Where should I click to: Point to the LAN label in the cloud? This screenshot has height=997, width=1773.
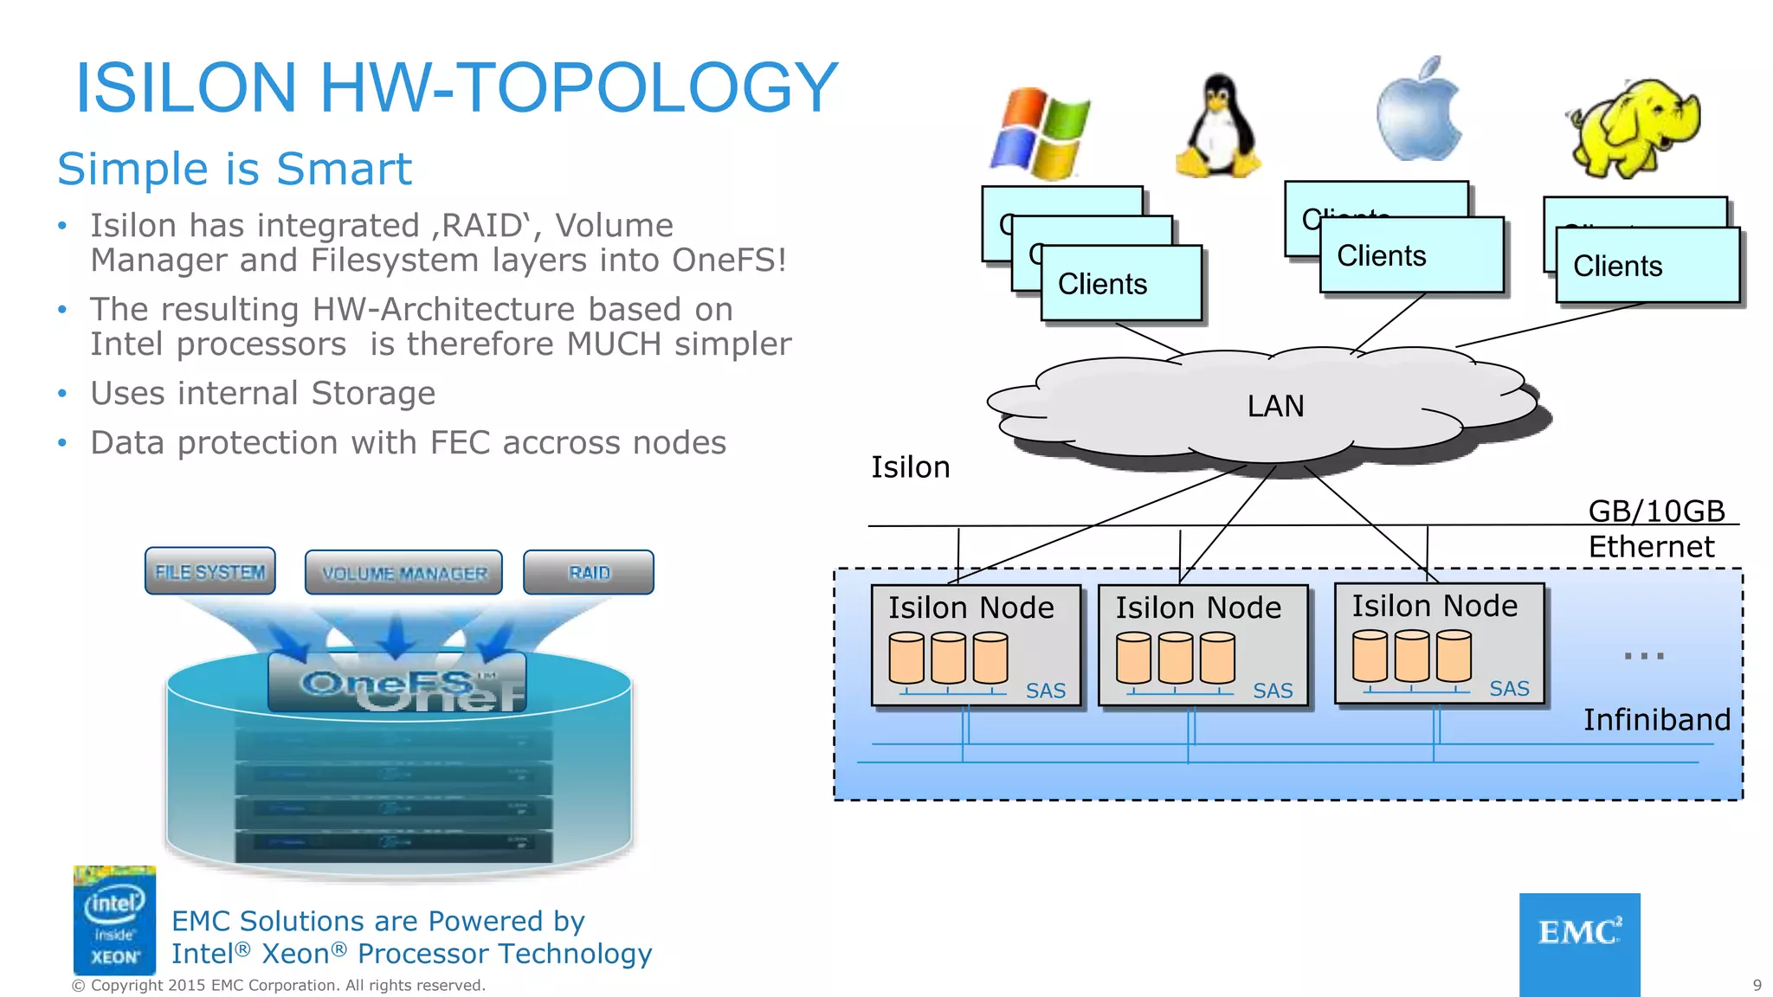point(1275,406)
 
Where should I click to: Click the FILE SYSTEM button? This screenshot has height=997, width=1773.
point(210,571)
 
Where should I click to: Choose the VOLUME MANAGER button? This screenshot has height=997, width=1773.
point(403,573)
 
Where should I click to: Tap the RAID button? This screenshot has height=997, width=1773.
point(589,572)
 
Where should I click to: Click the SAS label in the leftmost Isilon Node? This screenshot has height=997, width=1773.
point(1045,691)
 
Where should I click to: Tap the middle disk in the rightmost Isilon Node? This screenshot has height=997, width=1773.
point(1411,656)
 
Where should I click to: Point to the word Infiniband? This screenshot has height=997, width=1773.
point(1656,719)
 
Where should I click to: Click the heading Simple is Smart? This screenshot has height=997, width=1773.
point(235,169)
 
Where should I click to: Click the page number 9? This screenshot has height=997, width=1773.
point(1757,985)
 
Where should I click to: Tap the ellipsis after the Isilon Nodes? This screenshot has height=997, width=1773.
point(1643,656)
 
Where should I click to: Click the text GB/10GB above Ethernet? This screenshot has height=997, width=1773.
point(1656,511)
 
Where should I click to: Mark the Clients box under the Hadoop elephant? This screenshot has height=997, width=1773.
point(1647,266)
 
